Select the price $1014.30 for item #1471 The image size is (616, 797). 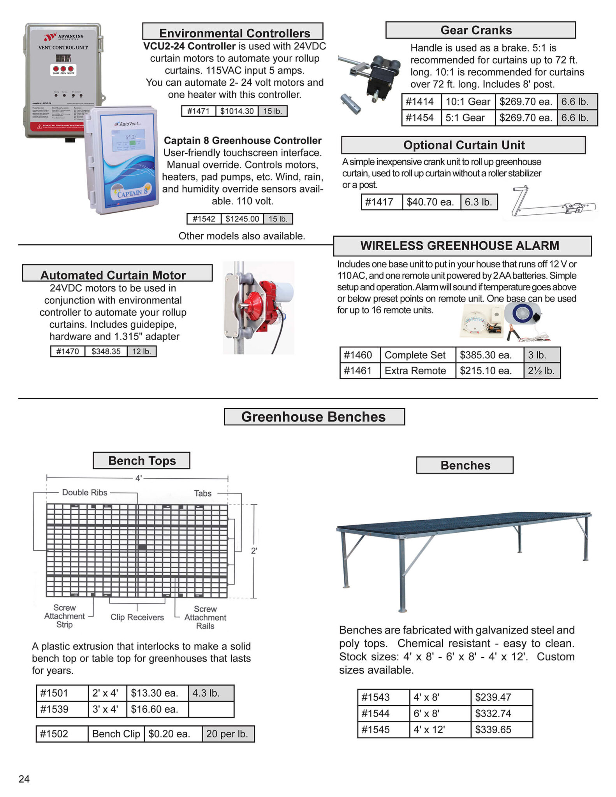(237, 111)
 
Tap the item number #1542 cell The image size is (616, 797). (204, 219)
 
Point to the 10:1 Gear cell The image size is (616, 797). (468, 102)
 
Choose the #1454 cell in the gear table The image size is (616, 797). (421, 118)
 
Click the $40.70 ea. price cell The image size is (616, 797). (430, 202)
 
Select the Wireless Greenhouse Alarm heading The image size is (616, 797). (459, 246)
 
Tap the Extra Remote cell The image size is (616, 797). (415, 371)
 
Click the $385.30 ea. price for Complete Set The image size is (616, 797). (486, 355)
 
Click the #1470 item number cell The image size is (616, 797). (67, 352)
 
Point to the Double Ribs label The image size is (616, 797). (84, 493)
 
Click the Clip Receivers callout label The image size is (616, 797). (137, 618)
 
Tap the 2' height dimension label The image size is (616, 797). (254, 551)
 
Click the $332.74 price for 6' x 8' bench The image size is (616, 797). (493, 714)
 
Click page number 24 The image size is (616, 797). (24, 779)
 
